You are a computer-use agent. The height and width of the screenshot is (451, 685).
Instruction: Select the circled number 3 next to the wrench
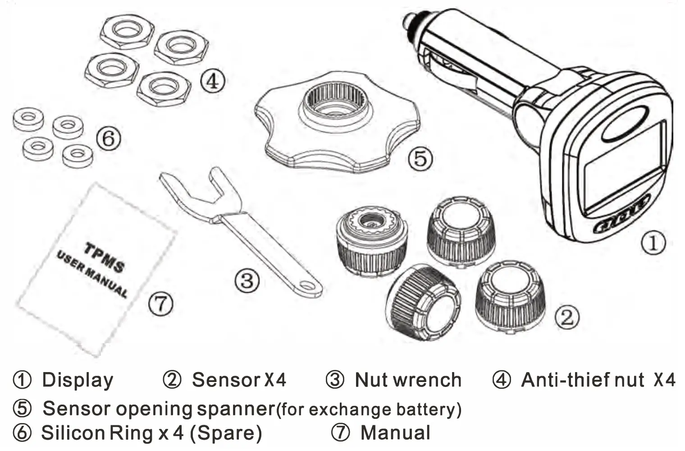pos(247,280)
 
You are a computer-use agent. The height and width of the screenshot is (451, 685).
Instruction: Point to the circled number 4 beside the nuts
pos(212,82)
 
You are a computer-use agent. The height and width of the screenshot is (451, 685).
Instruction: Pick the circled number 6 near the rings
pos(109,138)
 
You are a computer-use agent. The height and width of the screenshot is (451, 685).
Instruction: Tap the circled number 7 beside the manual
pos(161,304)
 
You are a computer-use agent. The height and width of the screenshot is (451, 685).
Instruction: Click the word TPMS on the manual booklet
pos(104,257)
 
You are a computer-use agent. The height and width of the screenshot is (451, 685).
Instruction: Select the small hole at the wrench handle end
pos(308,285)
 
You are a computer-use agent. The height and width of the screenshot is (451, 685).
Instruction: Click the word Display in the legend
pos(78,380)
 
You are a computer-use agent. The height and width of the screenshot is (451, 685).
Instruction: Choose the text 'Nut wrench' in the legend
pos(408,380)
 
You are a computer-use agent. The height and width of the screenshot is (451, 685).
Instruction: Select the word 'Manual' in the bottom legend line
pos(395,433)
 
